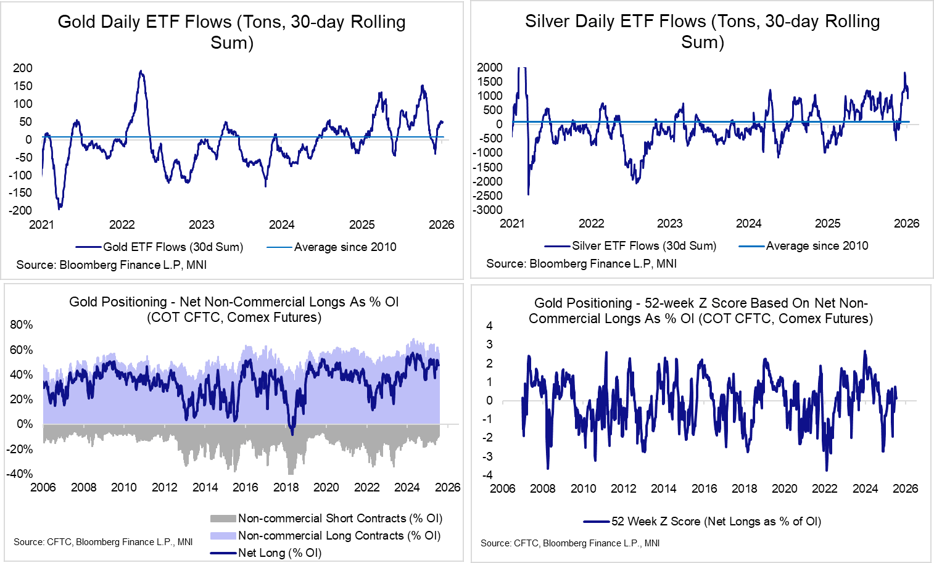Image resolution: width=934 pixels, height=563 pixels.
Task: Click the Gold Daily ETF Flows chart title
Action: click(x=231, y=32)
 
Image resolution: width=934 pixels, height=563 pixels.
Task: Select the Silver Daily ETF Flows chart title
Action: click(x=702, y=31)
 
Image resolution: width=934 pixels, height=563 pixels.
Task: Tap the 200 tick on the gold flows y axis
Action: click(x=23, y=68)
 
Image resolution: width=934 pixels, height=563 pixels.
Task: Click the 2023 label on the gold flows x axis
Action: click(x=202, y=224)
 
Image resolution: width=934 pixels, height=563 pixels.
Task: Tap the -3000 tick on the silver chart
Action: click(x=487, y=210)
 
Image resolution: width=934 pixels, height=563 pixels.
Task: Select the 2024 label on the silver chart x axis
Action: click(x=748, y=223)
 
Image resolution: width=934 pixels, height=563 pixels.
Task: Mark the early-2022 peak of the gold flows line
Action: click(x=141, y=72)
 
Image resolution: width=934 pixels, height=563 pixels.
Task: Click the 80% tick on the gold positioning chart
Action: click(x=22, y=325)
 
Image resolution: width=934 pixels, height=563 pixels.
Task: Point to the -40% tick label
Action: click(x=20, y=474)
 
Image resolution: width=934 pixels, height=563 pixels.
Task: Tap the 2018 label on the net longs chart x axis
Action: click(x=286, y=488)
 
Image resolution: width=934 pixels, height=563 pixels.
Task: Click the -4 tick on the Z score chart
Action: click(x=489, y=475)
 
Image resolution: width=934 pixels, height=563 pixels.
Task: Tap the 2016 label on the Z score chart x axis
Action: click(x=704, y=488)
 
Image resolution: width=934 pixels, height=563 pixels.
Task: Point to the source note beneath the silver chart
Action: click(x=581, y=264)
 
